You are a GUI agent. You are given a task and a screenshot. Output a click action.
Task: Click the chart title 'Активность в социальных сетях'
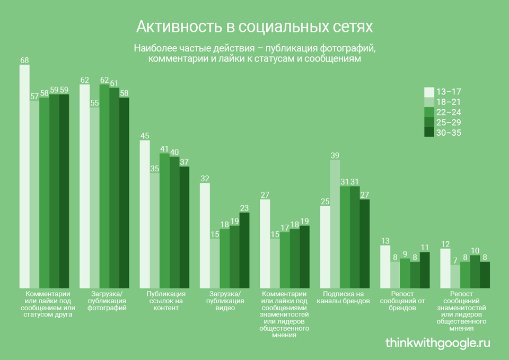254,27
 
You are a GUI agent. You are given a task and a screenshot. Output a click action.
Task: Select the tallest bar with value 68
24,175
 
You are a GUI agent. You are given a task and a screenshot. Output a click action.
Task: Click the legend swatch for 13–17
429,92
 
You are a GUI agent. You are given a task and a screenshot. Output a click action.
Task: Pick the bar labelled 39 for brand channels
335,223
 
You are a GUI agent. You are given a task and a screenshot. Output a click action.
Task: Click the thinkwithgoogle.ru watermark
437,343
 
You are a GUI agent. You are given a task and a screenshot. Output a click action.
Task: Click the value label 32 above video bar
205,179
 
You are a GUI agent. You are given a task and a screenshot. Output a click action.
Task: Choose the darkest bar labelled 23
244,249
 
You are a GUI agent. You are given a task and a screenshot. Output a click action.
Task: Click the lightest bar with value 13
385,266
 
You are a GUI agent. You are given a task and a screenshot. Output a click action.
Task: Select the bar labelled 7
454,276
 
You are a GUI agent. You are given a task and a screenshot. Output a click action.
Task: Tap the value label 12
445,244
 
